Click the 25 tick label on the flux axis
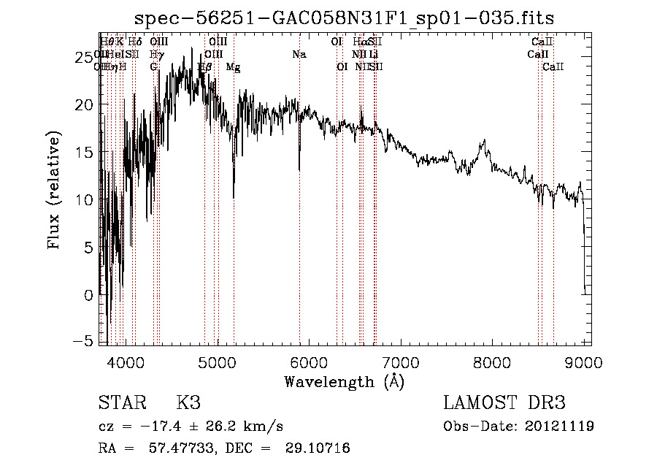coord(86,57)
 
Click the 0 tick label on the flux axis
coord(90,295)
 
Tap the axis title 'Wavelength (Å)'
coord(344,381)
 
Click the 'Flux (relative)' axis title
coord(54,191)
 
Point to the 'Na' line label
coord(299,55)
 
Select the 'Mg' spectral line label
coord(233,67)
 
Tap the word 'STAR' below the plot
coord(121,404)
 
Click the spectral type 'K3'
coord(188,404)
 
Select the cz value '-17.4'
coord(165,427)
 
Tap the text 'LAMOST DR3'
coord(504,404)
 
